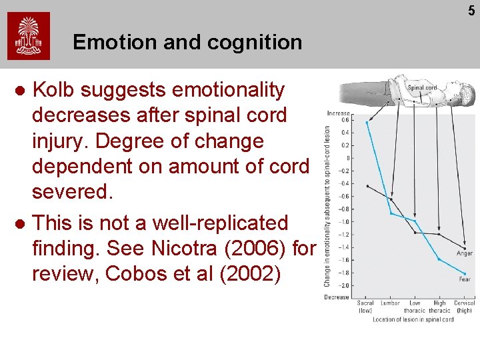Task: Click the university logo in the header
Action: (29, 37)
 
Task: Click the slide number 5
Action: (471, 11)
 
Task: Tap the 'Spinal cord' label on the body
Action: (422, 87)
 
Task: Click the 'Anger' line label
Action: (465, 253)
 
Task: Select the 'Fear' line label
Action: (465, 279)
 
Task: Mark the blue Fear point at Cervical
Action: (465, 273)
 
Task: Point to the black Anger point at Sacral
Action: (367, 185)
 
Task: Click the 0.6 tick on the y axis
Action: (345, 120)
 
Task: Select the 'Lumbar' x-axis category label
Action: (390, 303)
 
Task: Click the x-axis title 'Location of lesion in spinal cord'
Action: (413, 319)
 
